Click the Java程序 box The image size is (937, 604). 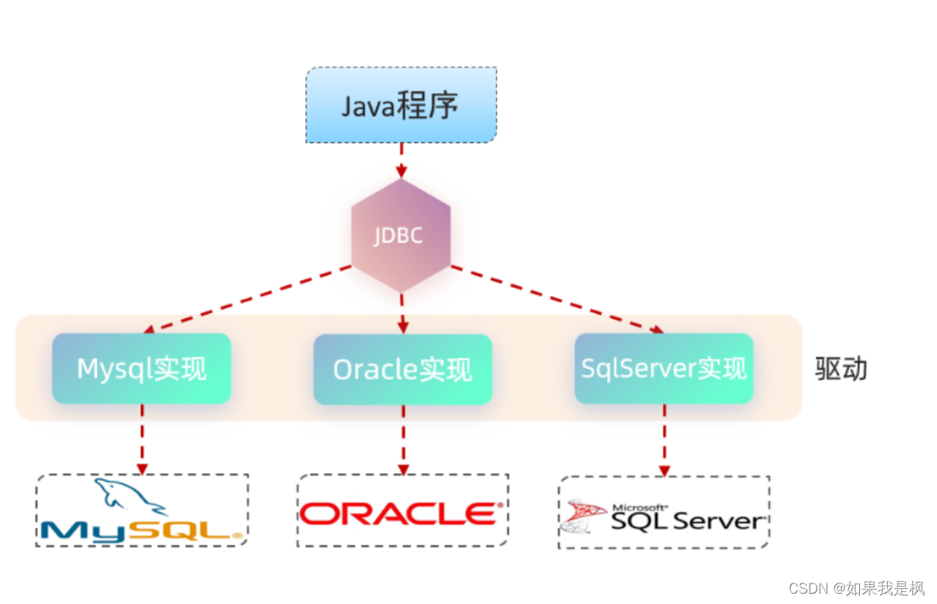(x=401, y=106)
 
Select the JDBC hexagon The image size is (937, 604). (x=401, y=236)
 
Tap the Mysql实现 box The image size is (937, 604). (x=141, y=368)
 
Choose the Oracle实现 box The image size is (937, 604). (x=402, y=369)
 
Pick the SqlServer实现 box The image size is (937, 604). (x=663, y=368)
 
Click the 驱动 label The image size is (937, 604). (x=841, y=369)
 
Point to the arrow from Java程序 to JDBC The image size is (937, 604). (x=401, y=160)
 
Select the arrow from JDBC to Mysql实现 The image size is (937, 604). (x=246, y=298)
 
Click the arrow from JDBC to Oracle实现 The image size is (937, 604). (x=402, y=313)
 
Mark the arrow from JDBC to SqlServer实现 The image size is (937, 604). (x=555, y=298)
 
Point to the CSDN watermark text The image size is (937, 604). (x=856, y=588)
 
